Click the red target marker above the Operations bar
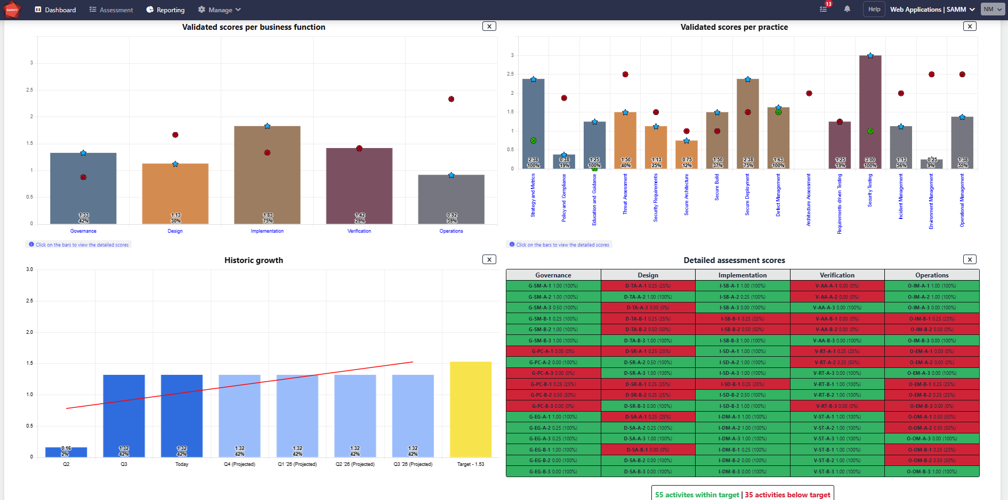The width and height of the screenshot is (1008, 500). [451, 99]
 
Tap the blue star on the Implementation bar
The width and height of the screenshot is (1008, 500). [267, 126]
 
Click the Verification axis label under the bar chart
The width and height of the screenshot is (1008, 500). [359, 231]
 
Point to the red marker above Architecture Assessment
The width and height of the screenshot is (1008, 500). [809, 93]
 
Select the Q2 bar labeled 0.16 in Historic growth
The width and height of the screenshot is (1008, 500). [66, 452]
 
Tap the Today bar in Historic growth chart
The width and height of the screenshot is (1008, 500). [182, 415]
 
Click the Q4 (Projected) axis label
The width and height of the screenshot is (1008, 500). [239, 464]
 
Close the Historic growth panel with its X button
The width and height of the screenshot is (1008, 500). [489, 259]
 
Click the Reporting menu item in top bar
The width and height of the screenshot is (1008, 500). [165, 10]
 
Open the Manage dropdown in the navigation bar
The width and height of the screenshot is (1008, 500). [220, 10]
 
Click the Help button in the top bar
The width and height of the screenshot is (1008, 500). [874, 9]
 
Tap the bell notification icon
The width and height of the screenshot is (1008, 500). [847, 9]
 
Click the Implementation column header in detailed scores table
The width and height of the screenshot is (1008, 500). [742, 275]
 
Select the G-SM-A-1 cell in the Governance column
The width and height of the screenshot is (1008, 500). [553, 286]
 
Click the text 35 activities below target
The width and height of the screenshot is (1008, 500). [787, 495]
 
